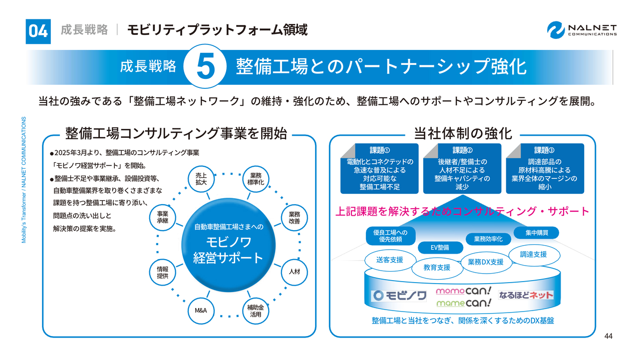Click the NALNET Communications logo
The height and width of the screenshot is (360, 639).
[x=582, y=29]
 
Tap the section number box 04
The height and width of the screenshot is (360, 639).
[x=38, y=31]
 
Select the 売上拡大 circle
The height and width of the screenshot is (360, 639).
[x=201, y=179]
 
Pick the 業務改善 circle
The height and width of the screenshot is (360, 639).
[x=294, y=217]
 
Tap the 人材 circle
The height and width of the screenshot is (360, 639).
[x=294, y=272]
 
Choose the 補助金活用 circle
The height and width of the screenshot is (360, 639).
[x=256, y=311]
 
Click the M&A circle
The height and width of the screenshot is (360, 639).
[x=201, y=311]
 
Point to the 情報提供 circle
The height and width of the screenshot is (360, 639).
[x=163, y=272]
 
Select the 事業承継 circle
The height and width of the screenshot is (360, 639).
[x=163, y=217]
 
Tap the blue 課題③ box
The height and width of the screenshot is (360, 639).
[x=545, y=169]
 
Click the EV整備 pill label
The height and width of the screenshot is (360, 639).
[x=440, y=247]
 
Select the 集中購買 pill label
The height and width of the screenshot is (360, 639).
[x=536, y=233]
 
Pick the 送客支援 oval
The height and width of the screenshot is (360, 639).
[x=389, y=260]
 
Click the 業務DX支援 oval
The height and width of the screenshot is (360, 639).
[x=486, y=262]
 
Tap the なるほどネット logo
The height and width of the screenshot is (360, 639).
[x=526, y=295]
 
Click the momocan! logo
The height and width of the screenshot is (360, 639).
[x=464, y=290]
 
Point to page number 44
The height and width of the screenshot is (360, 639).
[x=608, y=336]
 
